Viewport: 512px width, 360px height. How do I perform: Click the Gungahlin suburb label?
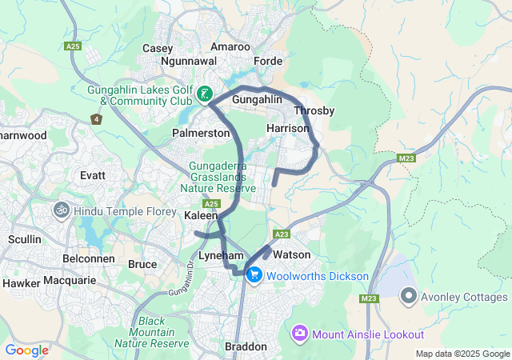[x=257, y=99]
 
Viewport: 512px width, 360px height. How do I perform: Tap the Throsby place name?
[x=314, y=110]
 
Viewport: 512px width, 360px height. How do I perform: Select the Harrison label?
[x=287, y=128]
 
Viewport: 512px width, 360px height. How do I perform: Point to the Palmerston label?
[x=201, y=133]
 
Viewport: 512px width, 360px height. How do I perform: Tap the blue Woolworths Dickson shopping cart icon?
[x=254, y=276]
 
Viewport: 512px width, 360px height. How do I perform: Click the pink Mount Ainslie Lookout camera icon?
[x=300, y=333]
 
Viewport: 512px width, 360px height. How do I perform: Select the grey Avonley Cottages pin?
[x=408, y=297]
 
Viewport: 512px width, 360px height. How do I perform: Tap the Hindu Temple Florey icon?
[x=62, y=210]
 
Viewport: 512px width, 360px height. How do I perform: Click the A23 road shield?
[x=281, y=234]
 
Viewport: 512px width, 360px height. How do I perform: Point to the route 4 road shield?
[x=96, y=119]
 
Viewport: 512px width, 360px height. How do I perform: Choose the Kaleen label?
[x=200, y=217]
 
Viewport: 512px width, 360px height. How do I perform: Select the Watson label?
[x=291, y=254]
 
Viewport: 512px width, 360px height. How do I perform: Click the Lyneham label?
[x=198, y=254]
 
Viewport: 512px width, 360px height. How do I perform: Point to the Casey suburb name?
[x=158, y=49]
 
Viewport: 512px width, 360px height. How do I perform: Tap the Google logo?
[x=26, y=350]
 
